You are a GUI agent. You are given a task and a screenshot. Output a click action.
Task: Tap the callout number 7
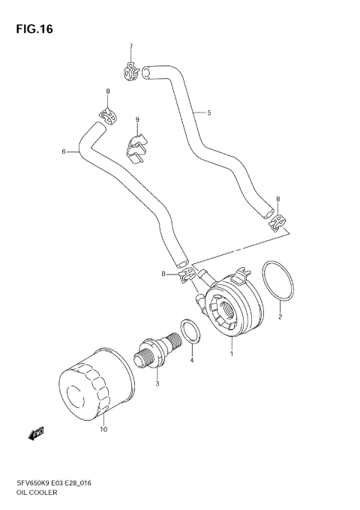coord(130,47)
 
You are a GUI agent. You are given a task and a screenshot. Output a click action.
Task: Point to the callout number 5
coord(208,113)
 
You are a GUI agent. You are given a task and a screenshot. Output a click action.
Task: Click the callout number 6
coord(64,151)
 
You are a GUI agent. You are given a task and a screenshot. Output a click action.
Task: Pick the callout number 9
coord(137,120)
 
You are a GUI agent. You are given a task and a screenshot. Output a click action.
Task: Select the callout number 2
coord(280,316)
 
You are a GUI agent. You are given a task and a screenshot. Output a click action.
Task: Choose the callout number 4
coord(191,361)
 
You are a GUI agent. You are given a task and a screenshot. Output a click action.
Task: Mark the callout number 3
coord(157,383)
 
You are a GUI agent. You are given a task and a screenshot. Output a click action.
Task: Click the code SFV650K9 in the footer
coord(31,484)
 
